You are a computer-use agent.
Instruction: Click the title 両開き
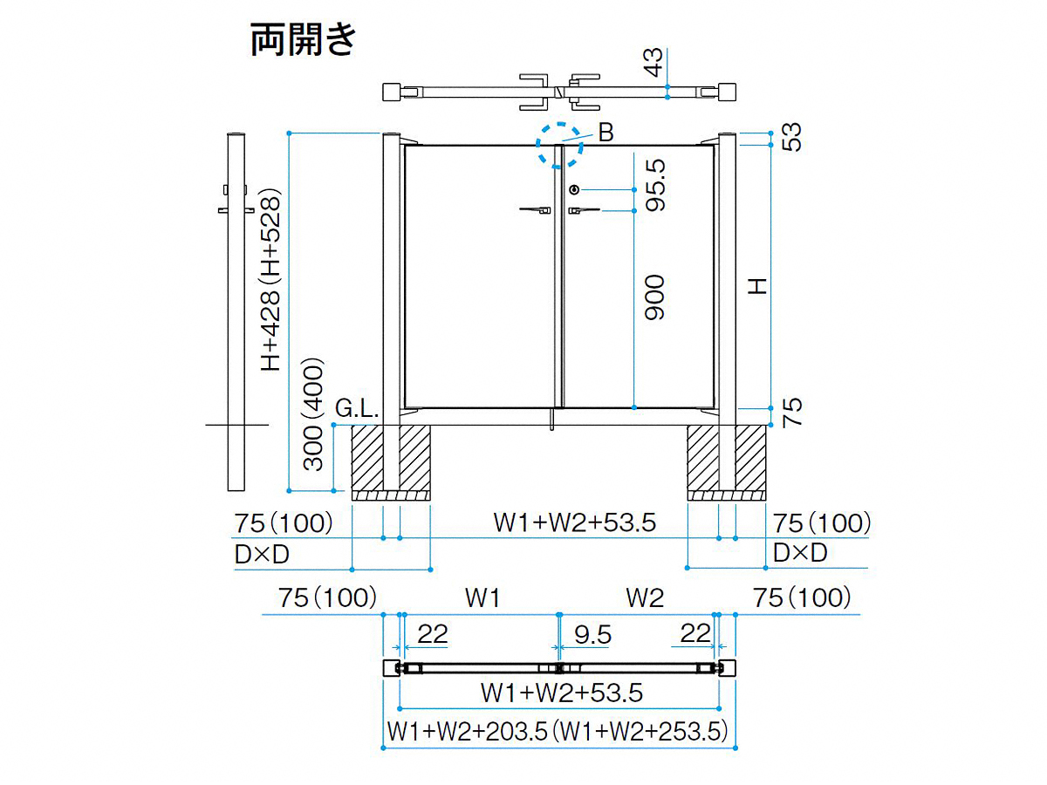click(303, 39)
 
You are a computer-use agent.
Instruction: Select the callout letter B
click(606, 133)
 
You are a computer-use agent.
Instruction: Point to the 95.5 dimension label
click(654, 186)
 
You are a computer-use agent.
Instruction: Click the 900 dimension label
click(654, 297)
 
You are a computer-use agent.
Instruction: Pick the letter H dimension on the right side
click(756, 286)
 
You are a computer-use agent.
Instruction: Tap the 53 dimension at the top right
click(791, 137)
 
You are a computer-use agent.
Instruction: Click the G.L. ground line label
click(357, 408)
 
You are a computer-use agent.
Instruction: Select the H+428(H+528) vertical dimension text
click(270, 280)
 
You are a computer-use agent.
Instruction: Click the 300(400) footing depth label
click(314, 414)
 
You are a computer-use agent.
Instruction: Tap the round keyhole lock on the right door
click(574, 189)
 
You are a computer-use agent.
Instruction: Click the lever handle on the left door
click(535, 209)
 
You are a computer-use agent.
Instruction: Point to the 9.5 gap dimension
click(592, 635)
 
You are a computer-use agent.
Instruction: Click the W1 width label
click(482, 598)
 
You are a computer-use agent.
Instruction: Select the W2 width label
click(645, 598)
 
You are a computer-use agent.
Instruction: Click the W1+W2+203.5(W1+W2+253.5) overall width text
click(558, 732)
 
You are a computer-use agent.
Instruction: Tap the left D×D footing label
click(262, 555)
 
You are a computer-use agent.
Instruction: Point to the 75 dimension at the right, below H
click(792, 412)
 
